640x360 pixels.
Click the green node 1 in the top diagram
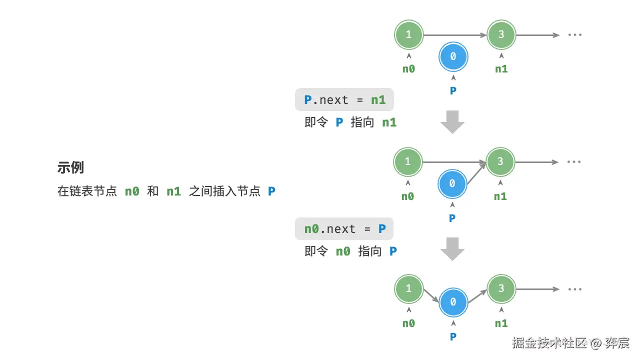408,35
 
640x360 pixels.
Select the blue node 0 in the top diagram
453,57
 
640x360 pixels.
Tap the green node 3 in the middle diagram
500,161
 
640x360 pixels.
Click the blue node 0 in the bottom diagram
453,302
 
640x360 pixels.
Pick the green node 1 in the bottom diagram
408,288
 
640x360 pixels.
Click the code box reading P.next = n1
344,100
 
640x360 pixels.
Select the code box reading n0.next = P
344,229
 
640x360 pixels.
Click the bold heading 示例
70,168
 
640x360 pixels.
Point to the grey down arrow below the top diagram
453,123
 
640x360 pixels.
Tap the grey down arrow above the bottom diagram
453,250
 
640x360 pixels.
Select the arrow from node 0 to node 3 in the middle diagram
476,173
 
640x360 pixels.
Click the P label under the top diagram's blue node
453,91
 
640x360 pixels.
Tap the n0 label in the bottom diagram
408,323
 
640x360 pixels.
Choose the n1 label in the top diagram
501,69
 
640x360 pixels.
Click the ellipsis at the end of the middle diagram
574,162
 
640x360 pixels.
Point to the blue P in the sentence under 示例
271,191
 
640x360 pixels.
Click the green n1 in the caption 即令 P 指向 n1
389,122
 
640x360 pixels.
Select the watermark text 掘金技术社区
549,343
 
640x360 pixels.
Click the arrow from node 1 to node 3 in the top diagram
455,35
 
